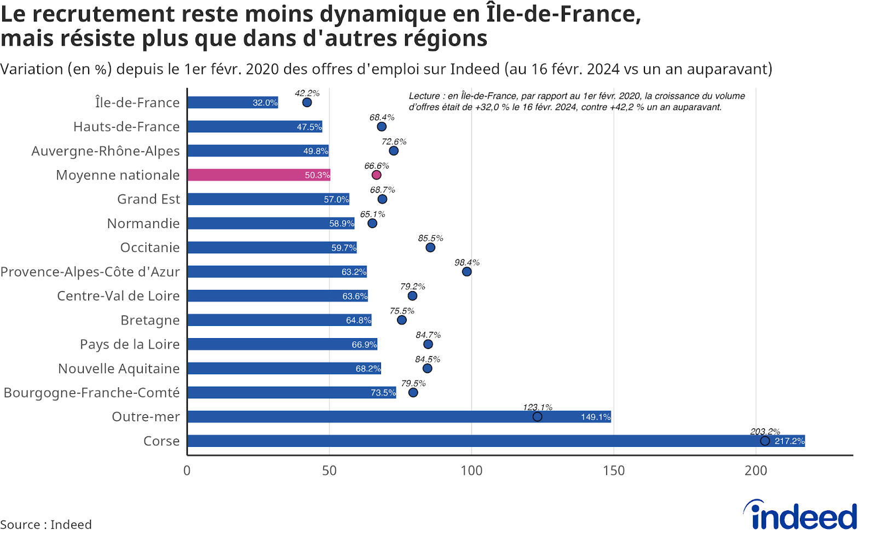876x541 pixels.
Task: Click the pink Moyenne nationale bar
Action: [x=258, y=175]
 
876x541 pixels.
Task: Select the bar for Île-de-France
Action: [x=233, y=102]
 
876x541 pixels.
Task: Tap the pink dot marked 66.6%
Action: [x=376, y=175]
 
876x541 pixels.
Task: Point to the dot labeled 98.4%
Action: [x=466, y=271]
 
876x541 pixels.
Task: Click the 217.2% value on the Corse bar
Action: [x=789, y=441]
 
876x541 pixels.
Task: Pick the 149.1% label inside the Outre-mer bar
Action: [x=595, y=417]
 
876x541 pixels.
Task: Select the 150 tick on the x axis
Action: [x=613, y=470]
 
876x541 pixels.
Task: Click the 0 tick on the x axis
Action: [x=187, y=470]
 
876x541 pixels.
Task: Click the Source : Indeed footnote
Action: [x=46, y=525]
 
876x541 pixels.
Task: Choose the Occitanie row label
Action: [x=150, y=248]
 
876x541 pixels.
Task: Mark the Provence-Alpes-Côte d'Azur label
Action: [x=90, y=272]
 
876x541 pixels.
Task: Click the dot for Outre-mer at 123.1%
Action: [x=538, y=417]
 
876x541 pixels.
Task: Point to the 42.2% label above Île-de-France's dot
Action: [x=307, y=93]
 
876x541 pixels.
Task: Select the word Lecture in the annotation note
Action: [x=424, y=96]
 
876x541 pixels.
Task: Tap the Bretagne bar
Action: [x=279, y=320]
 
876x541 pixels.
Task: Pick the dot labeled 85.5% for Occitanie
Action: [x=430, y=247]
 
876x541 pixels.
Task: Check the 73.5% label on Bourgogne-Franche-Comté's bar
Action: [x=383, y=393]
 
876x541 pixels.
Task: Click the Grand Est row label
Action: [x=148, y=199]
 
